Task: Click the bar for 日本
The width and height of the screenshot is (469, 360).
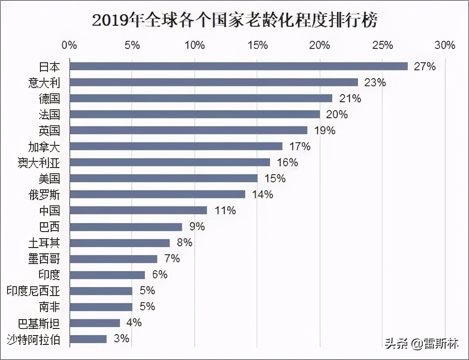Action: click(x=238, y=66)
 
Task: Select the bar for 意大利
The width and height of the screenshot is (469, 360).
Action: click(x=214, y=82)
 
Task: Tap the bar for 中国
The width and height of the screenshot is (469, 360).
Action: click(x=138, y=210)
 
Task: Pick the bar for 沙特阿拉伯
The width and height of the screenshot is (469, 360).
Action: click(x=88, y=339)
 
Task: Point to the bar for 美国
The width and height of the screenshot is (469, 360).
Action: click(x=163, y=178)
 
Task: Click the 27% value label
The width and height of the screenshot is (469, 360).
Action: click(x=425, y=67)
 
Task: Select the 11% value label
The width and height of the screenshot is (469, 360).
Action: click(x=225, y=211)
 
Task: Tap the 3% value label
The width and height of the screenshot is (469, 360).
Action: click(x=121, y=339)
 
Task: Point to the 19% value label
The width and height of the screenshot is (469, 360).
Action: click(x=324, y=131)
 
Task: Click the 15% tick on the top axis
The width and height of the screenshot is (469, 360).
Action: click(x=258, y=45)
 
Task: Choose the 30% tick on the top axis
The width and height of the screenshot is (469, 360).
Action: click(x=445, y=45)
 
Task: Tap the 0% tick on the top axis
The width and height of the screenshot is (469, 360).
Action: click(x=69, y=45)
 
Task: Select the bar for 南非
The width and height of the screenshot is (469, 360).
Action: click(x=101, y=307)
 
